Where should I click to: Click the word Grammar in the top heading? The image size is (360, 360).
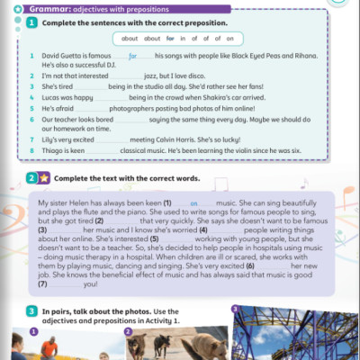(x=45, y=6)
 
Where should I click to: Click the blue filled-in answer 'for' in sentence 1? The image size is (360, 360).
(x=135, y=57)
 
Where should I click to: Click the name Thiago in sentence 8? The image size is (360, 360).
(x=53, y=153)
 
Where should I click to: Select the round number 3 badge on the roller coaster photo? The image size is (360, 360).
(x=235, y=310)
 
